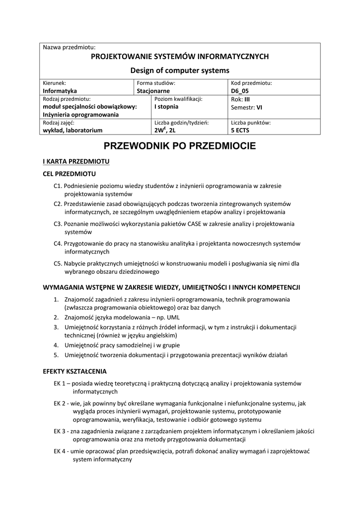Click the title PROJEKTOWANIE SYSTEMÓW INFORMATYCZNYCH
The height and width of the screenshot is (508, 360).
[x=180, y=57]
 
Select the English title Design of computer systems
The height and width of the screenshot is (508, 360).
[x=180, y=70]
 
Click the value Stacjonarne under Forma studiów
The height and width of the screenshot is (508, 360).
[x=153, y=91]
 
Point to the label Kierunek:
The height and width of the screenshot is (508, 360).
[x=55, y=83]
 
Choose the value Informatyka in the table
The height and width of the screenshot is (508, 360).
[x=60, y=91]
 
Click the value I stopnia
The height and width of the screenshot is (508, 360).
[x=166, y=107]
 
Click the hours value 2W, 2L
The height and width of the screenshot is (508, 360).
[x=165, y=130]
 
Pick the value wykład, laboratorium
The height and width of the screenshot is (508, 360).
[x=73, y=130]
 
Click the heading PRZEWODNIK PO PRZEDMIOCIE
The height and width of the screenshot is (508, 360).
[x=180, y=146]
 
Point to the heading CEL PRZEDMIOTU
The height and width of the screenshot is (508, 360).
[x=70, y=174]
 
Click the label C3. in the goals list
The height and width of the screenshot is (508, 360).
[x=58, y=224]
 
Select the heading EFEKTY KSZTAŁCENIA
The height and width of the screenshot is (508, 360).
[x=75, y=371]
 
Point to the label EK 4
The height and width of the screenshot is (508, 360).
[x=60, y=451]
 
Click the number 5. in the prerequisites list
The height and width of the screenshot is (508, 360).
[x=56, y=355]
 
